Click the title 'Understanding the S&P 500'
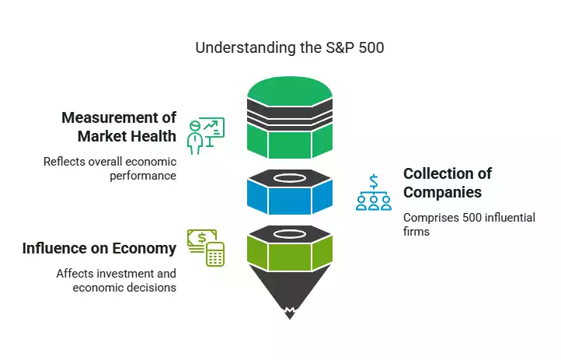pyautogui.click(x=289, y=47)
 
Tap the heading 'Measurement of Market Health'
pyautogui.click(x=119, y=128)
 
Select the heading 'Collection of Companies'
pyautogui.click(x=447, y=183)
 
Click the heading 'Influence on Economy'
pyautogui.click(x=99, y=249)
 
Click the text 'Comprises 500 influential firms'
pyautogui.click(x=469, y=225)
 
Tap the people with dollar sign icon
pyautogui.click(x=373, y=192)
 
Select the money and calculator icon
pyautogui.click(x=205, y=248)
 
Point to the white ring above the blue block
pyautogui.click(x=290, y=177)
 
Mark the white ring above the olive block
pyautogui.click(x=290, y=232)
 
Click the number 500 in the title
pyautogui.click(x=370, y=47)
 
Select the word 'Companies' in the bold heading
pyautogui.click(x=442, y=192)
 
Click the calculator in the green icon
pyautogui.click(x=214, y=254)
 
